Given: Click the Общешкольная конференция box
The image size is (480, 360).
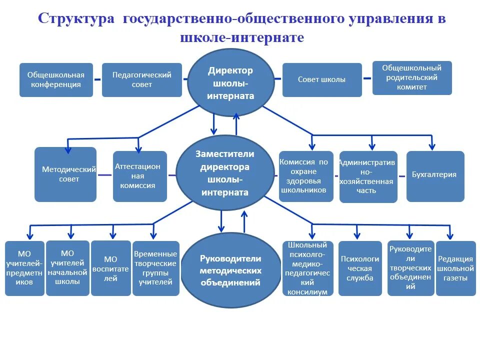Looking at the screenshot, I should coord(56,80).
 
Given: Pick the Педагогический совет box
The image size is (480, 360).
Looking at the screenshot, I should coord(141,80).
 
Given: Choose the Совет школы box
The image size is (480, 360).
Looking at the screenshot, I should coord(322,80).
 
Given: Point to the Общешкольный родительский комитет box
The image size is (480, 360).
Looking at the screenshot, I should coord(412,78).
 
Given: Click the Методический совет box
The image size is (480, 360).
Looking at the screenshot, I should coord(65,174).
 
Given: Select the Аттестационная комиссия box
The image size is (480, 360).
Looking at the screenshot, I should coord(139,176).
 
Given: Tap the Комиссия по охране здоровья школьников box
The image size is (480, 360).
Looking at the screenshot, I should coord(306,176).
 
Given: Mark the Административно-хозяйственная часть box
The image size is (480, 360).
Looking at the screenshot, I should coord(368,177).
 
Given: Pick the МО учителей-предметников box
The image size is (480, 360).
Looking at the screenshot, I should coord(24,268).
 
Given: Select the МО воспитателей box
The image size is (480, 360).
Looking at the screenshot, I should coord(110,268).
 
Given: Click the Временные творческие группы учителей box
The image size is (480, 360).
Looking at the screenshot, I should coord(155,268).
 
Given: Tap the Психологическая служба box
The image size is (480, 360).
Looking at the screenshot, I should coord(360,268).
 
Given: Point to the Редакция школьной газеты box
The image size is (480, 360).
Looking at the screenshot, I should coord(455,268).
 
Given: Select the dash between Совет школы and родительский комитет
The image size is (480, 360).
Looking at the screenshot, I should coord(367,78).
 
